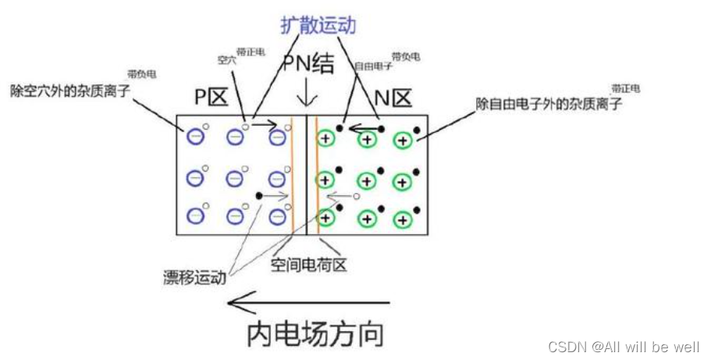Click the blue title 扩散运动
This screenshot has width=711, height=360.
click(x=318, y=25)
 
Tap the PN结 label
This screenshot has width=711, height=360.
click(x=308, y=64)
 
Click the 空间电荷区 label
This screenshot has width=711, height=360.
click(x=308, y=266)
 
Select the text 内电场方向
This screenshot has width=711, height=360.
click(x=315, y=334)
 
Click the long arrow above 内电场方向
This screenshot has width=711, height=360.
click(x=308, y=302)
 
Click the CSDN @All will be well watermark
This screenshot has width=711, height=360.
click(x=624, y=346)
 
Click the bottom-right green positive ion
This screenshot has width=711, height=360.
click(x=402, y=220)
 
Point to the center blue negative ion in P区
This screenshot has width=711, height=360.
click(x=234, y=178)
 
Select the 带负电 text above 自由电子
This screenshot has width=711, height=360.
click(x=406, y=57)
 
